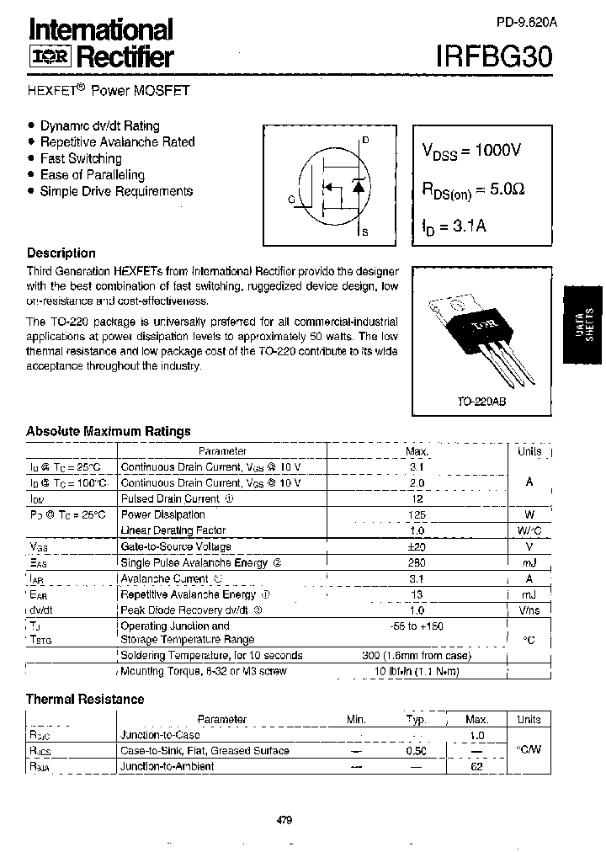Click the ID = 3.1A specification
tap(454, 226)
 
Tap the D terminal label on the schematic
tap(365, 141)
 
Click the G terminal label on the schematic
tap(291, 200)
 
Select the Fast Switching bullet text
tap(81, 158)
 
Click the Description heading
tap(61, 253)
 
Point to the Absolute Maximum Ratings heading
tap(109, 431)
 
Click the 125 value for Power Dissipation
tap(417, 514)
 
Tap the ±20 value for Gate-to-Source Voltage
tap(417, 546)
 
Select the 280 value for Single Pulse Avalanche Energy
tap(417, 562)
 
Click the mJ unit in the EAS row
tap(529, 562)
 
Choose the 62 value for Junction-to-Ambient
tap(476, 766)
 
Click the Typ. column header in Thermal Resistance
tap(417, 720)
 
